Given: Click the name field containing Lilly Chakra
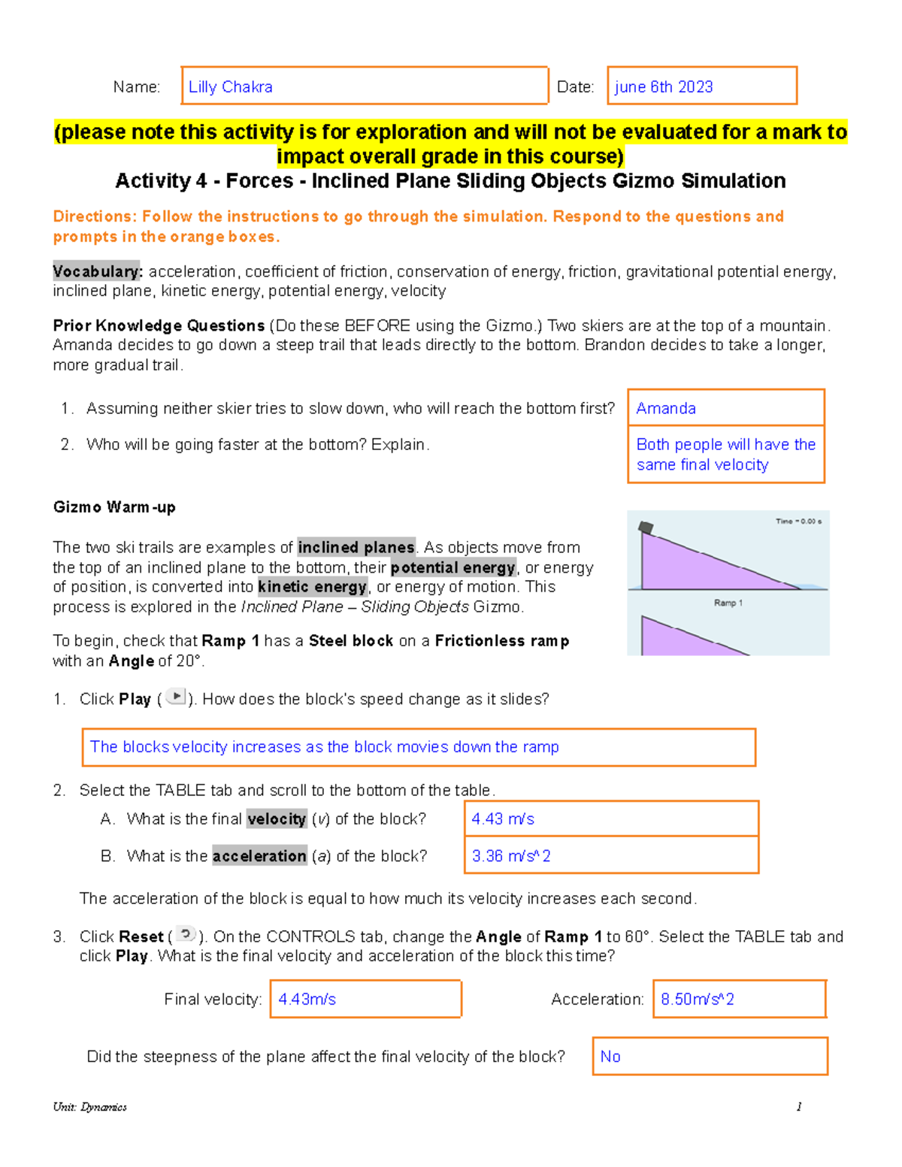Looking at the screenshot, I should click(x=365, y=86).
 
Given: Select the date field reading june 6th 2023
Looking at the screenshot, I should click(x=701, y=86).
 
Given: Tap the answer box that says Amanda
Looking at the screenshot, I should click(x=725, y=408).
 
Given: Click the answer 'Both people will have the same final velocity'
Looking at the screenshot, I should click(x=725, y=455).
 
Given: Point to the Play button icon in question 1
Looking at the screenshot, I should click(x=175, y=697).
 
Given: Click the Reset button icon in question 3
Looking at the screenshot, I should click(x=186, y=934).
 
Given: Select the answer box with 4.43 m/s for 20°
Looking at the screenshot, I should click(x=611, y=819).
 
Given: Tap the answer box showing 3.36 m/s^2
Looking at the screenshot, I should click(x=611, y=856).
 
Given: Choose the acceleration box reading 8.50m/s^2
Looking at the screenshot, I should click(x=739, y=999).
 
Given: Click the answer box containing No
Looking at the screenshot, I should click(x=710, y=1057).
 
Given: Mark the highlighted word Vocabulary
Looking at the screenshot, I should click(x=97, y=271).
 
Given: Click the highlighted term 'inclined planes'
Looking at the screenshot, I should click(x=356, y=547).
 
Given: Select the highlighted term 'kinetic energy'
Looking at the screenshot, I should click(x=312, y=587).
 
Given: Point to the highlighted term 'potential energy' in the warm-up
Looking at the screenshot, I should click(x=453, y=567).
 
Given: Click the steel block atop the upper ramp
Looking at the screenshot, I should click(x=646, y=528).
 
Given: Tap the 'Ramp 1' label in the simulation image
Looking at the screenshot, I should click(x=728, y=603).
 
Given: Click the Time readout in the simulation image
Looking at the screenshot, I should click(x=798, y=521).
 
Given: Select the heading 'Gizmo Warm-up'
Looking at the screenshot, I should click(x=114, y=507).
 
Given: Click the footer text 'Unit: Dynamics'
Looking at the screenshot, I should click(x=89, y=1107).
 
